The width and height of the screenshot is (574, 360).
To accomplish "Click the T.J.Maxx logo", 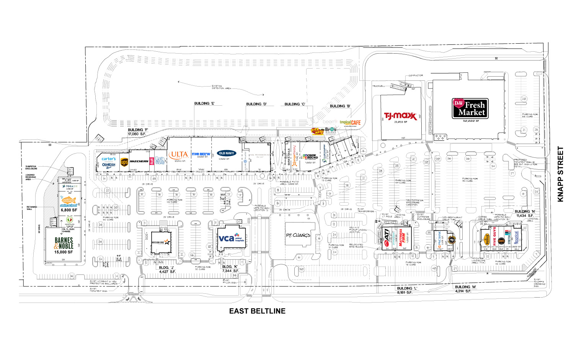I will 400,116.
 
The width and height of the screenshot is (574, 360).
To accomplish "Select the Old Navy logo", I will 227,153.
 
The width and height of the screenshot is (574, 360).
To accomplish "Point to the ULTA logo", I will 179,155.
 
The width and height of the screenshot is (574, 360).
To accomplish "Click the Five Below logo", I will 201,154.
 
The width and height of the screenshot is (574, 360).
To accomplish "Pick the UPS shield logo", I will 124,162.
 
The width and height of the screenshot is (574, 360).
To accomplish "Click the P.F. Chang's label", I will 298,235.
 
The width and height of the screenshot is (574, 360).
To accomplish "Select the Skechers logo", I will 139,161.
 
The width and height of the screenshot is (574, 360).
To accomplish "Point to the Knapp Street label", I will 561,174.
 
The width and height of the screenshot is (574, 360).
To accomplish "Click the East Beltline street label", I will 257,311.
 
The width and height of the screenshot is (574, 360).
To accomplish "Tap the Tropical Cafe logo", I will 350,123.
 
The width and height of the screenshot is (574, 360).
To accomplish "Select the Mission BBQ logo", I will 160,242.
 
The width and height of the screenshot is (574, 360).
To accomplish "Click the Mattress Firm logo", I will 402,237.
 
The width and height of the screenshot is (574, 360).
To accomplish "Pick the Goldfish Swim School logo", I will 69,202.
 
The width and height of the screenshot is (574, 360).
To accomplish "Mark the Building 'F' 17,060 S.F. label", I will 137,132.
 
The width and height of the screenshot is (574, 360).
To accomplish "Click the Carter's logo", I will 109,159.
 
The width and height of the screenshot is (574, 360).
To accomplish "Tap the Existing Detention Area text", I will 221,87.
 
